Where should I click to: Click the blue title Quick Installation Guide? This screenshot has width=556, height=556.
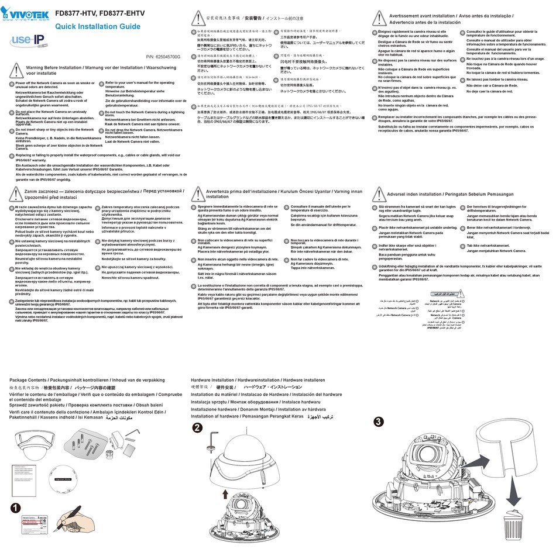click(x=97, y=27)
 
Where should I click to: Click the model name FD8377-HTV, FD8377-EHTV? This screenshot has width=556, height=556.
click(x=100, y=11)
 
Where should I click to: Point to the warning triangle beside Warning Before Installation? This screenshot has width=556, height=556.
click(x=16, y=70)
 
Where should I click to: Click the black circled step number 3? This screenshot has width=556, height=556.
click(x=379, y=421)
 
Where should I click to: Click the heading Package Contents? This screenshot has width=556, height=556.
click(x=35, y=381)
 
